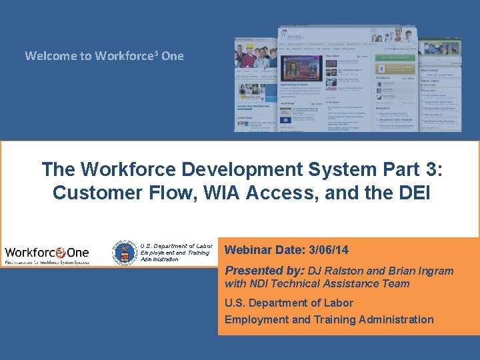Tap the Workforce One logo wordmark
tap(46, 253)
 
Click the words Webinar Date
tap(261, 250)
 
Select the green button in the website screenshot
tap(395, 58)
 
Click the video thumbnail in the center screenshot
tap(301, 69)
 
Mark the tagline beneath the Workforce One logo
tap(46, 263)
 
